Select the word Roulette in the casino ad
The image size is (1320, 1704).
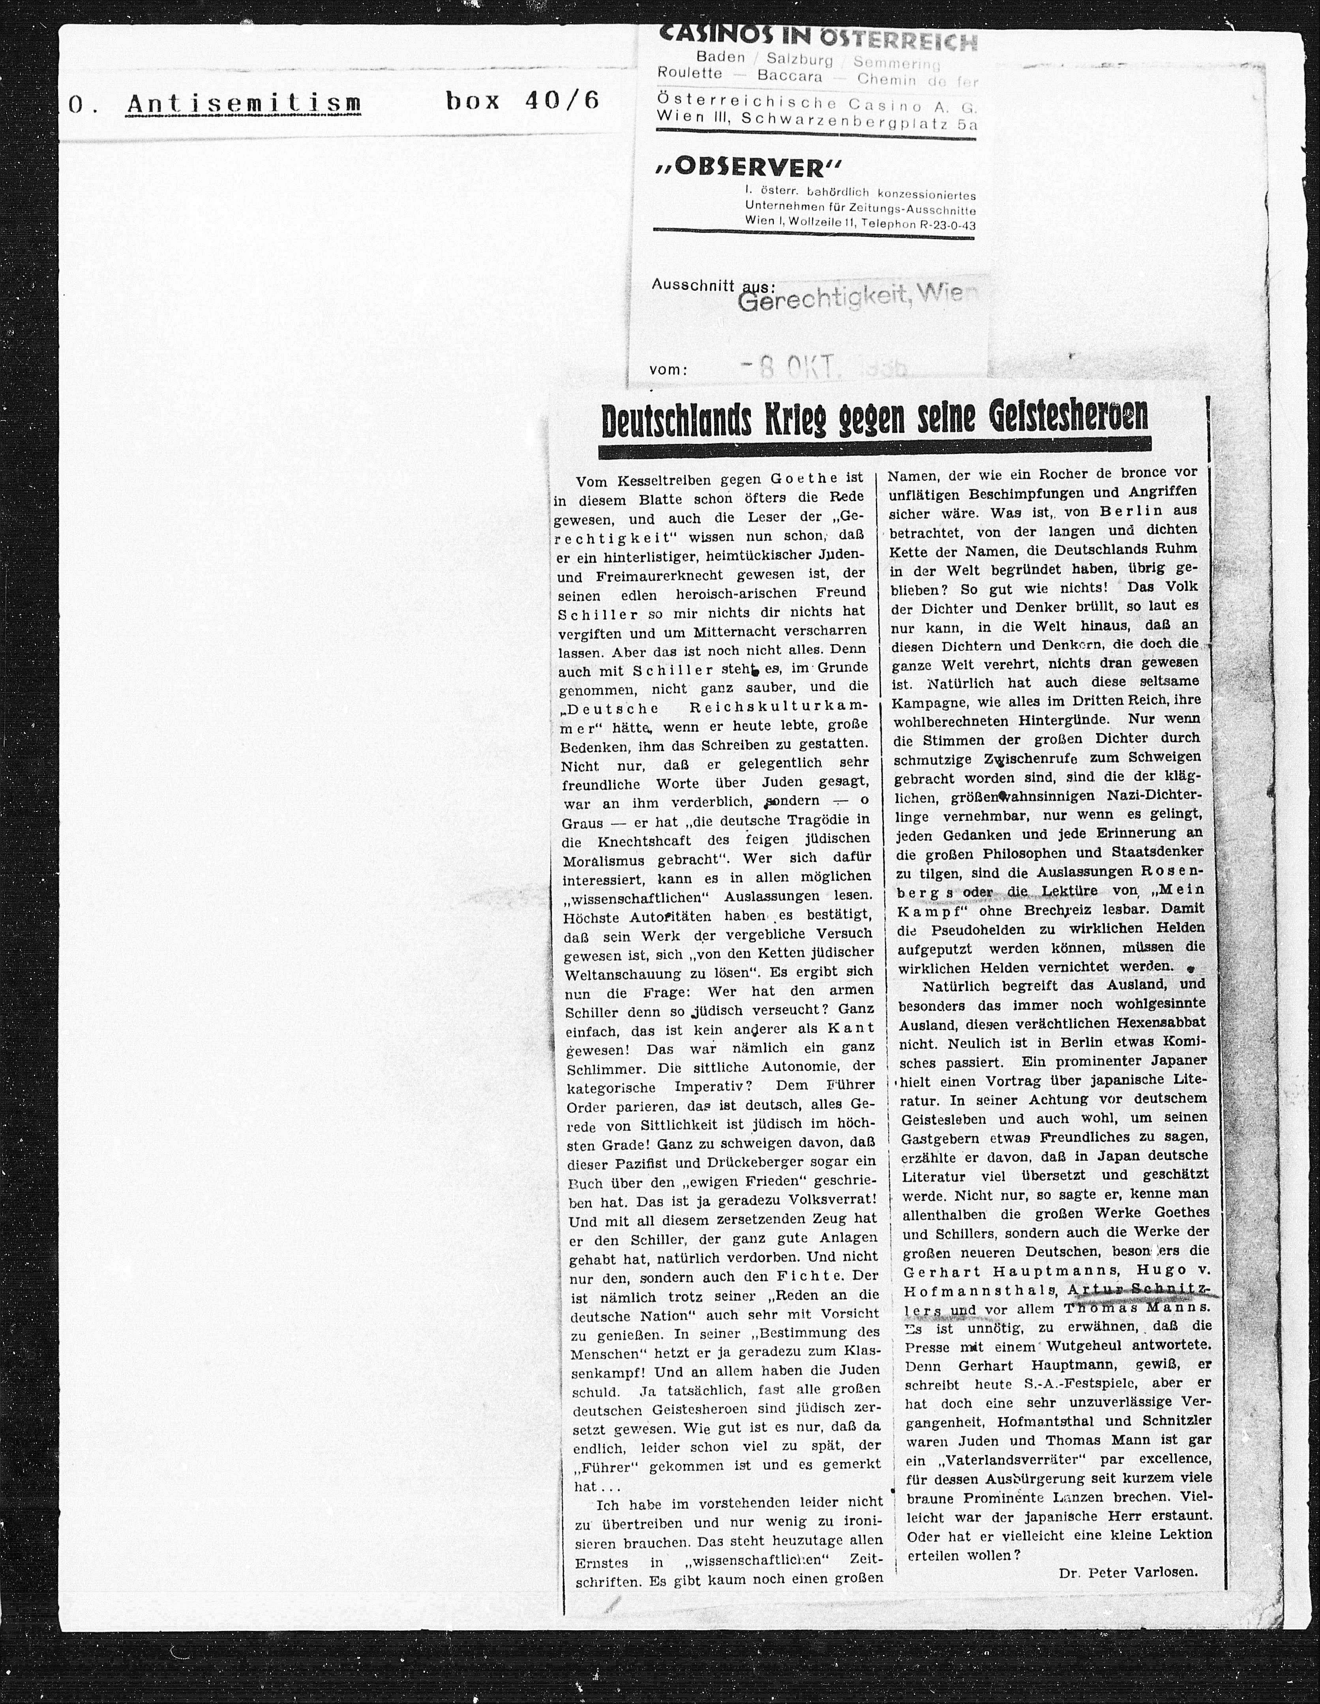(x=690, y=74)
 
